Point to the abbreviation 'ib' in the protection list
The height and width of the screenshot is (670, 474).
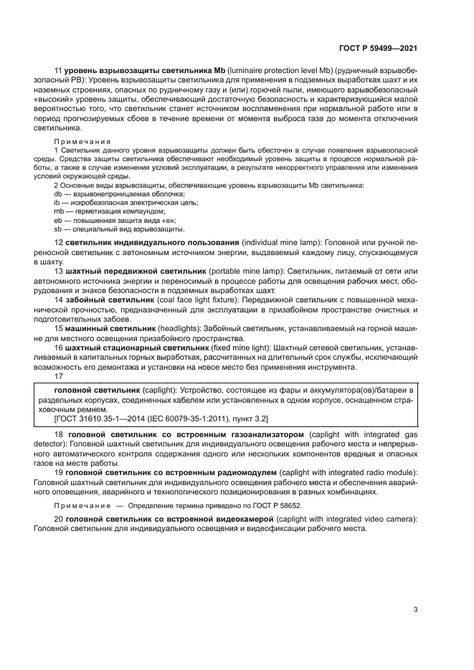coord(57,204)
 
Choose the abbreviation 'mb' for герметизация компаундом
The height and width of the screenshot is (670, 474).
coord(59,212)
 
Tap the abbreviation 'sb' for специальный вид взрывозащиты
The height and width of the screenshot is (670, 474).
coord(58,229)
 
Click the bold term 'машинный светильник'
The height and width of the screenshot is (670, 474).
coord(105,328)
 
